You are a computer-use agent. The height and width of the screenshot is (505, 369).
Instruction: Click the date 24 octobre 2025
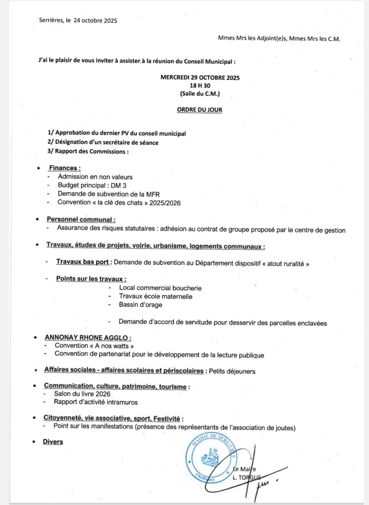pos(95,21)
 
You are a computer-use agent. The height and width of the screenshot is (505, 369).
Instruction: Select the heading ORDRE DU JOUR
pos(199,110)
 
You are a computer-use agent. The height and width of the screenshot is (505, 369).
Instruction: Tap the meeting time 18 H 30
pos(200,85)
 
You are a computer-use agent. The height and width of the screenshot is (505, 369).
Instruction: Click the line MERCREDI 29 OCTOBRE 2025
pos(200,78)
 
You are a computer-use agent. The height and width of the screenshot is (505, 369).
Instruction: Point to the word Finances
pos(63,168)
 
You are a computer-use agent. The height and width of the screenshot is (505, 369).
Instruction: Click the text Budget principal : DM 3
pos(92,185)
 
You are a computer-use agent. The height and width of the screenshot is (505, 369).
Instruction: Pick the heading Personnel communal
pos(80,219)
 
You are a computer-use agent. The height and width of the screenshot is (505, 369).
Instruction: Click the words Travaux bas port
pos(83,262)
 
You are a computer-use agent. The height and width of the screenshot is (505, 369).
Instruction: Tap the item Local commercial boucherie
pos(160,288)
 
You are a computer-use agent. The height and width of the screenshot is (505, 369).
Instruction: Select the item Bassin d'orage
pos(141,304)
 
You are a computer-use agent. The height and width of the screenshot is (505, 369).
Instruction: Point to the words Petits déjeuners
pos(232,371)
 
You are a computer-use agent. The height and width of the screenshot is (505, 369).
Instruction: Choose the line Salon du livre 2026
pos(82,394)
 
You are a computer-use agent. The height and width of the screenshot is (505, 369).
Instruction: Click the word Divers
pos(53,442)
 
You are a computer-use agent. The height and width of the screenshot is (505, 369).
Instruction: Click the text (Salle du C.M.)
pos(200,94)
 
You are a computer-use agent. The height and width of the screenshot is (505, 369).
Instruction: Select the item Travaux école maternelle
pos(156,297)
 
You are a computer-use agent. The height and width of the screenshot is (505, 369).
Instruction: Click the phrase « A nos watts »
pos(114,346)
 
